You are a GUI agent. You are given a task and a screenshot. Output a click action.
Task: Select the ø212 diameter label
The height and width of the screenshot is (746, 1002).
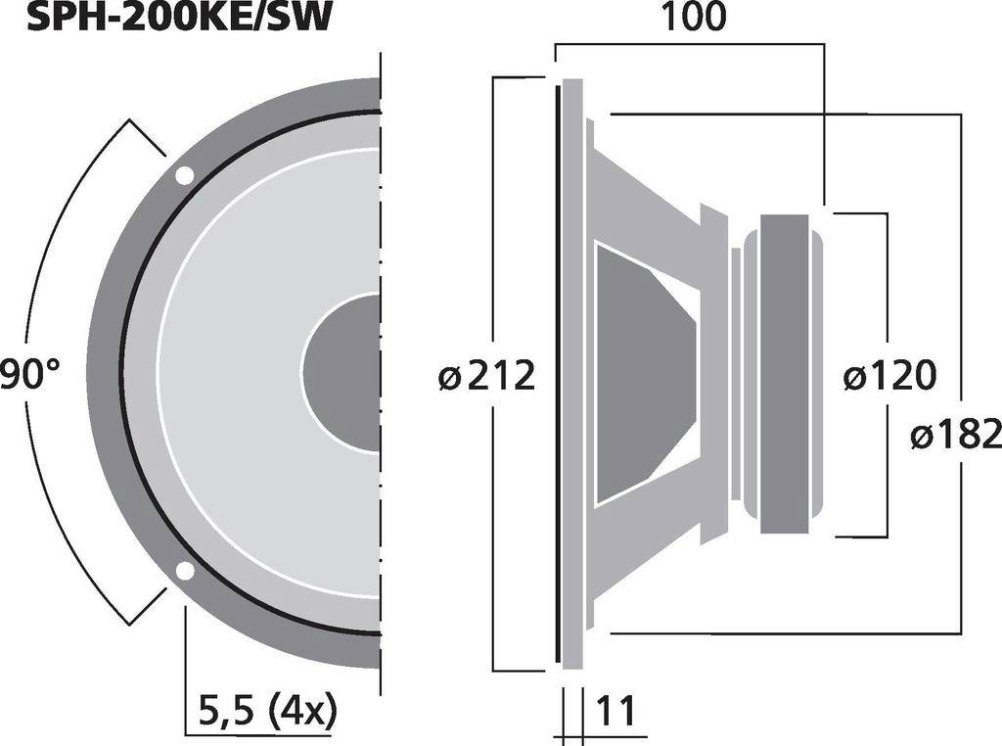click(486, 375)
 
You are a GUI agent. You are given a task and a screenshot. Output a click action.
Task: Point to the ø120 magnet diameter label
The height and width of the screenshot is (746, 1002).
click(889, 375)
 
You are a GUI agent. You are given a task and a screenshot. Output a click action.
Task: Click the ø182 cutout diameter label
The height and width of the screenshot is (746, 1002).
click(955, 434)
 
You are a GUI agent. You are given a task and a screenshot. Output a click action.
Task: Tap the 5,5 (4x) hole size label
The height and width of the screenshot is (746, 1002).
click(266, 710)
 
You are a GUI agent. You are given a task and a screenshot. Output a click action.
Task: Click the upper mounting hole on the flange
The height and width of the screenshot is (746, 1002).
click(184, 176)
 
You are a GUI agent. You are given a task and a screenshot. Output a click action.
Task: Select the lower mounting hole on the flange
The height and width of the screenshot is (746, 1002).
click(184, 571)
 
